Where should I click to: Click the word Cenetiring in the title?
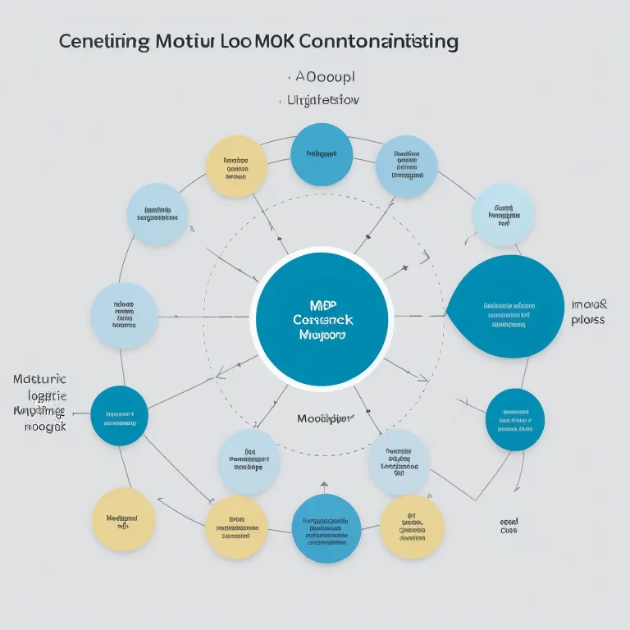pos(106,42)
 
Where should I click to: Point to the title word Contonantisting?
pos(381,42)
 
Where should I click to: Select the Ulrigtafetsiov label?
pos(324,100)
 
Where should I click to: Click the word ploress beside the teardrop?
pos(588,319)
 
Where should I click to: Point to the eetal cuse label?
pos(509,526)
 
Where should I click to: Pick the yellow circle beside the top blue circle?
pos(236,166)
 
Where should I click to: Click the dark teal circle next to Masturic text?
pos(119,416)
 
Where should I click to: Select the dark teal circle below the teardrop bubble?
pos(515,419)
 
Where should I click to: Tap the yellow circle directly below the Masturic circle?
pos(123,519)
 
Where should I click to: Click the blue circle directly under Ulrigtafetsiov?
pos(322,154)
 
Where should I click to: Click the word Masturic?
pos(40,380)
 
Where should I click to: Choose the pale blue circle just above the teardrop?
pos(503,215)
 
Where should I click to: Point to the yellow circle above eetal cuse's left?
pos(413,526)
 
